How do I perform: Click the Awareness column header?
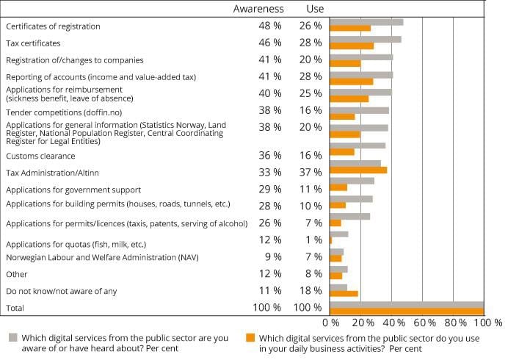pos(258,9)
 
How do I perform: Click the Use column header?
pos(314,9)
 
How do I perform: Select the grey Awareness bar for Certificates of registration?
pos(366,22)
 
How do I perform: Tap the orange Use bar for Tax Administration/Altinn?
pos(358,170)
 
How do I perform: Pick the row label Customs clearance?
pos(40,156)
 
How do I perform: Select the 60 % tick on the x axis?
pos(424,322)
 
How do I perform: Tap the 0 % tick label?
pos(330,322)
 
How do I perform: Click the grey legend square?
pos(12,338)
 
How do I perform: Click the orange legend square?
pos(250,338)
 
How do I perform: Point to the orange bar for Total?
pos(407,312)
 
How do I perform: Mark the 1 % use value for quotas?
pos(313,240)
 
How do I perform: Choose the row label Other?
pos(17,274)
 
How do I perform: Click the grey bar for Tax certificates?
pos(366,39)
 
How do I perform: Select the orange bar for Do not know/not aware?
pos(344,294)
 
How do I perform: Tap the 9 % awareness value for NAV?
pos(272,256)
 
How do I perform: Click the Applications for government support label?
pos(62,190)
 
